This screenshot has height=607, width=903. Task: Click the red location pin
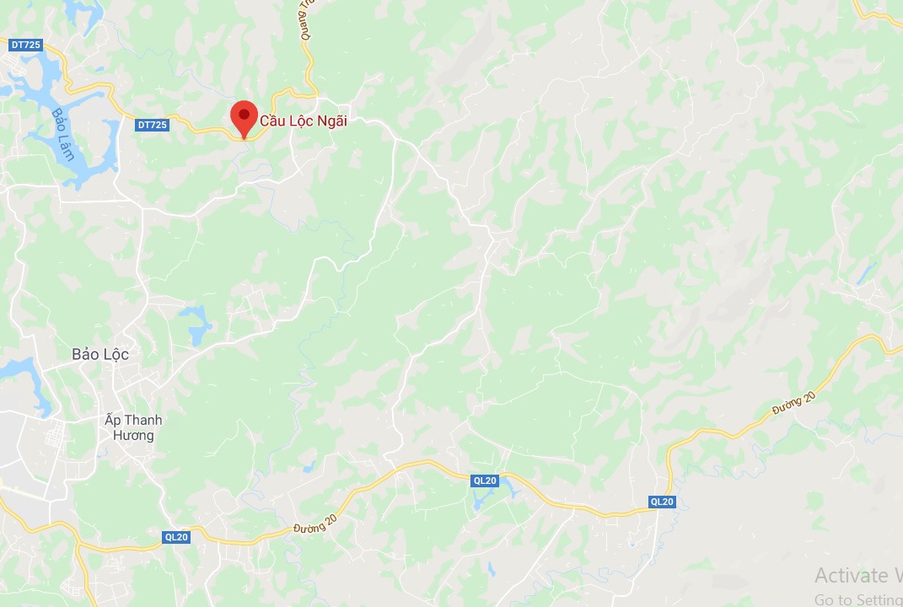[244, 118]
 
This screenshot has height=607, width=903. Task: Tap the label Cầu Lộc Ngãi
[304, 121]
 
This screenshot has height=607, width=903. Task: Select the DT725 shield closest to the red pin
[152, 125]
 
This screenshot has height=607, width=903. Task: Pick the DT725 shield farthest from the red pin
[26, 44]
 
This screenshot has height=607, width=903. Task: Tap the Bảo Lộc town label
[100, 355]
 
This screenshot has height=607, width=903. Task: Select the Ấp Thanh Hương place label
[133, 427]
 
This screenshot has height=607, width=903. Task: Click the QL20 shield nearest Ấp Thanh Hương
[176, 536]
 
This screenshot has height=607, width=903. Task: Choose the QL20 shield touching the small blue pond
[485, 481]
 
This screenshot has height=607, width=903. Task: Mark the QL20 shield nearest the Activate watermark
[662, 502]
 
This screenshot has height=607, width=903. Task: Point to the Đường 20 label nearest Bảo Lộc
[314, 523]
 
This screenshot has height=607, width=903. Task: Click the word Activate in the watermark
[852, 576]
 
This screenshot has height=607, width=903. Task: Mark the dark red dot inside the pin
[244, 113]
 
